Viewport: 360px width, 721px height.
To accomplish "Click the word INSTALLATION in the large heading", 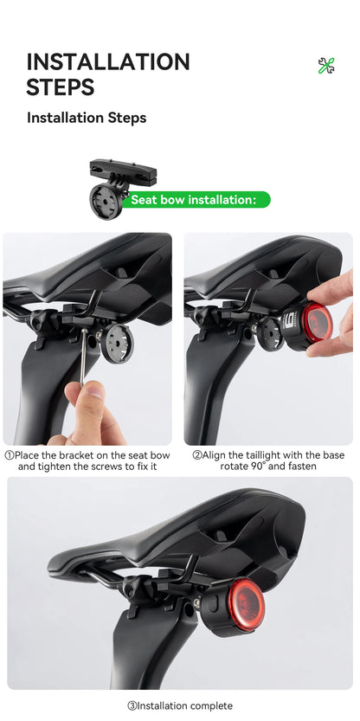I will (x=108, y=61).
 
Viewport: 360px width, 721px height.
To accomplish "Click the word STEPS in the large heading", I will (x=61, y=87).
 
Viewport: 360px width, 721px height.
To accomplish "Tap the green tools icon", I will (x=326, y=65).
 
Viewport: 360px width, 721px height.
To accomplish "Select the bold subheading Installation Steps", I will (x=87, y=118).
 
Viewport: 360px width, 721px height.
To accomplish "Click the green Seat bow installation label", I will (x=194, y=200).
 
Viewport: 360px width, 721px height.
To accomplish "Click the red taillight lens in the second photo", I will (x=317, y=323).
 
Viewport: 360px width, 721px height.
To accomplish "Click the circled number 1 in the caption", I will (x=10, y=455).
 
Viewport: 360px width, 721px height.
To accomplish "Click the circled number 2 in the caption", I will (x=197, y=455).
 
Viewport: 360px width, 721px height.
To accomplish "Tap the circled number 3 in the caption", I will (x=132, y=706).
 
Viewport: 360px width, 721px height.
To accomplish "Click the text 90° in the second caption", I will (x=259, y=467).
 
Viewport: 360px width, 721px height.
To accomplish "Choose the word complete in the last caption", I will (x=212, y=706).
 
